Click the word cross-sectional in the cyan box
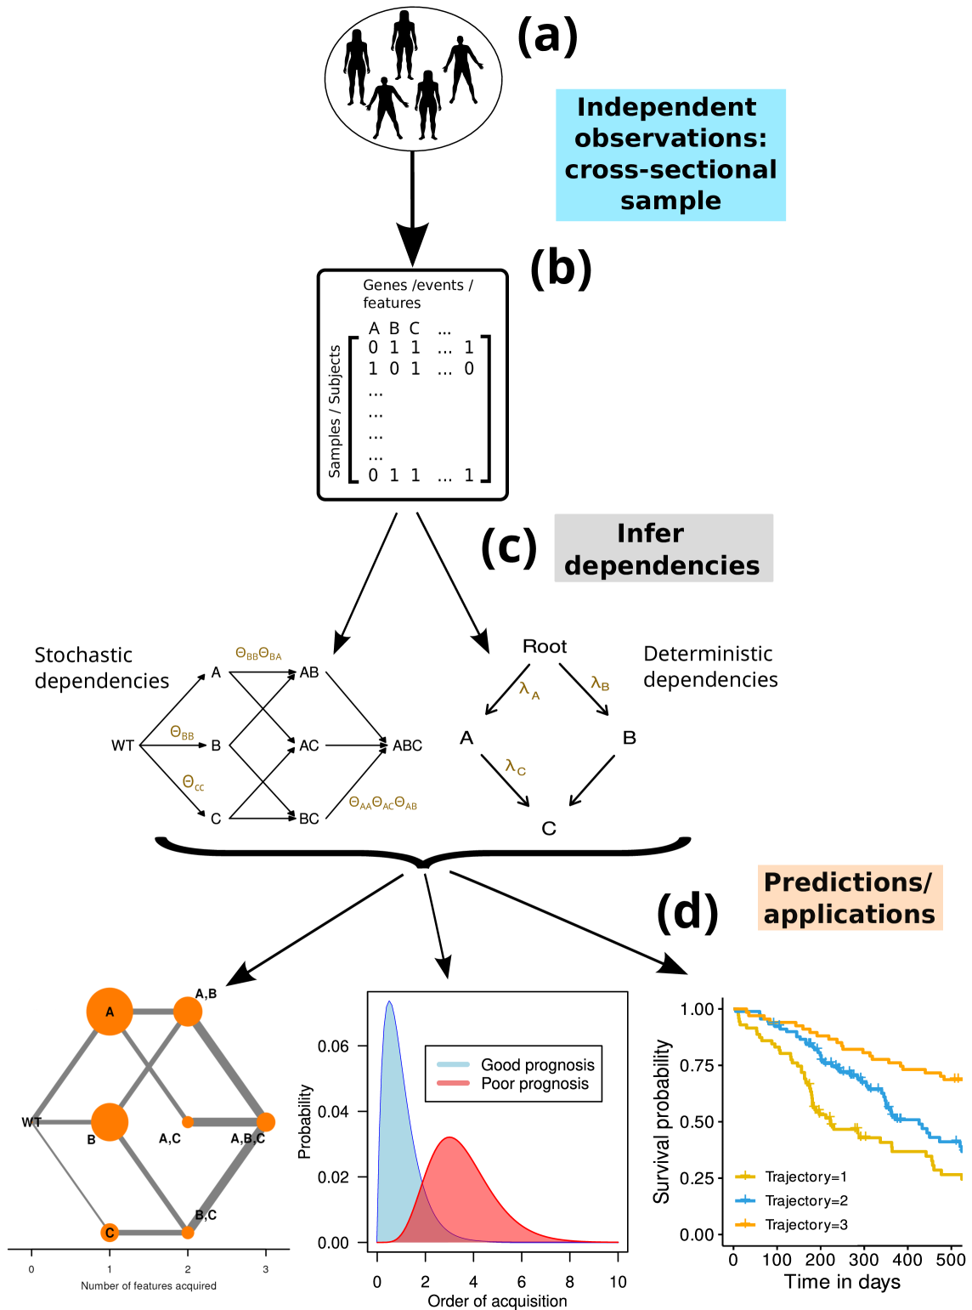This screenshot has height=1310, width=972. pyautogui.click(x=670, y=169)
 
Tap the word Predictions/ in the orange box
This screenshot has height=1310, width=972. pyautogui.click(x=847, y=882)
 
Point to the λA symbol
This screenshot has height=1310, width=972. pyautogui.click(x=528, y=689)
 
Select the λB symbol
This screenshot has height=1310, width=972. pyautogui.click(x=600, y=683)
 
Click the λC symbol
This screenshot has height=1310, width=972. pyautogui.click(x=515, y=767)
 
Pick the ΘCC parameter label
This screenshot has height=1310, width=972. pyautogui.click(x=193, y=783)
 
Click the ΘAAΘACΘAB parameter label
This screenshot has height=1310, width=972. pyautogui.click(x=382, y=803)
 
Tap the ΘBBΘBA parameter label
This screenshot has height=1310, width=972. pyautogui.click(x=258, y=655)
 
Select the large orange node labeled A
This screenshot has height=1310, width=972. pyautogui.click(x=110, y=1012)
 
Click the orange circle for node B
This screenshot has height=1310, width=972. pyautogui.click(x=110, y=1122)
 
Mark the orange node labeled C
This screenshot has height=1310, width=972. pyautogui.click(x=109, y=1233)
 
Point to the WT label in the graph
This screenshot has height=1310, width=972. pyautogui.click(x=31, y=1122)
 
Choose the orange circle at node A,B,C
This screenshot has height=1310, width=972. pyautogui.click(x=265, y=1122)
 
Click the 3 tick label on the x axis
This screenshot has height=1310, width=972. pyautogui.click(x=265, y=1269)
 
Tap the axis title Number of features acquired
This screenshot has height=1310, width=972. pyautogui.click(x=149, y=1286)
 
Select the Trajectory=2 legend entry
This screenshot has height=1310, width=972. pyautogui.click(x=805, y=1200)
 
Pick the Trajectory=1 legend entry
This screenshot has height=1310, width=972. pyautogui.click(x=805, y=1177)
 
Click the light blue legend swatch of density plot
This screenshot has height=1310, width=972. pyautogui.click(x=453, y=1064)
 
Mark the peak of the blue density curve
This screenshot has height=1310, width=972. pyautogui.click(x=389, y=1002)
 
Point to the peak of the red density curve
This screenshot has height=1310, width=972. pyautogui.click(x=450, y=1137)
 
